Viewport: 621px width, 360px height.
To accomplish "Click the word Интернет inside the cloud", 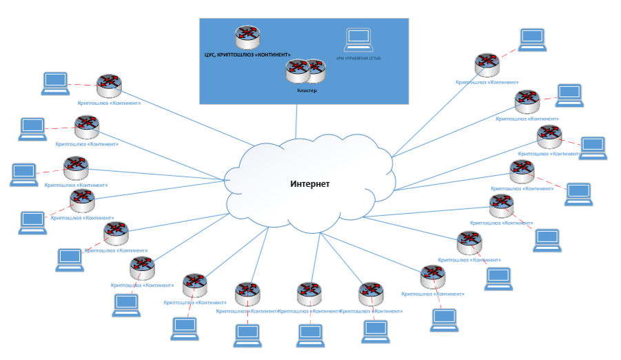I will coord(309,184).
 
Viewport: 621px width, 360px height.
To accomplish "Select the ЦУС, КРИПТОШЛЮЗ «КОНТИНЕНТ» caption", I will coord(247,54).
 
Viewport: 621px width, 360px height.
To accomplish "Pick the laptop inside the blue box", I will coord(358,40).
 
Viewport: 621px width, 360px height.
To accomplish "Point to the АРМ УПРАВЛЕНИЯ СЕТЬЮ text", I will coord(358,59).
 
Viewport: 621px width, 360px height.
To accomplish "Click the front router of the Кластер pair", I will coord(298,70).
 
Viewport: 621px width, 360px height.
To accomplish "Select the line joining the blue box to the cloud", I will coord(296,121).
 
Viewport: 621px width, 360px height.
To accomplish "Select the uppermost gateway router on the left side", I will coord(109,86).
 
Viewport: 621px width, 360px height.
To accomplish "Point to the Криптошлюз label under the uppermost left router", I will coord(109,103).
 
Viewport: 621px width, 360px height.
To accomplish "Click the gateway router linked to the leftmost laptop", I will coord(75,168).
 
